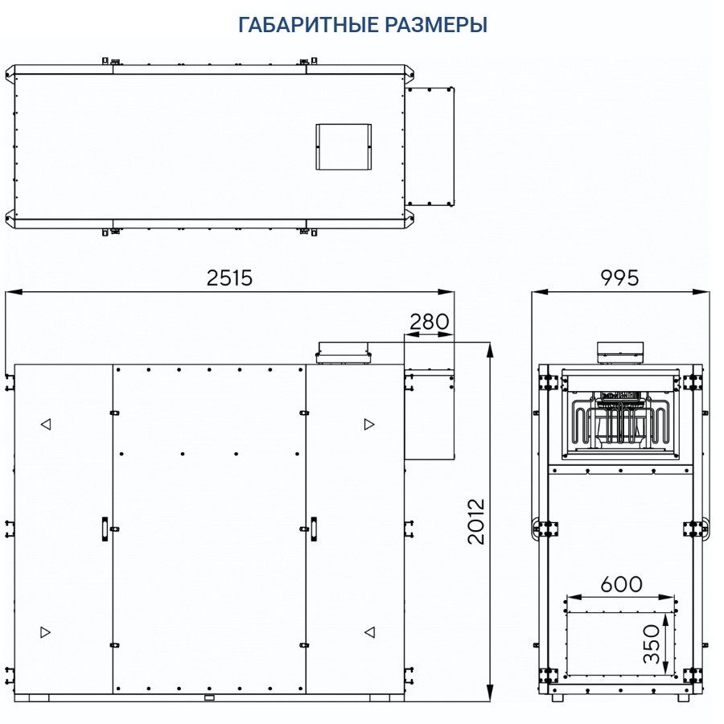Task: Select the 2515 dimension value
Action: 229,278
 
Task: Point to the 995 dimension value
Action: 619,278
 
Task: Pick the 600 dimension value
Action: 620,583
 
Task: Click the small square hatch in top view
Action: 343,146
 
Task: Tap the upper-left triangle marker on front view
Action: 46,424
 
